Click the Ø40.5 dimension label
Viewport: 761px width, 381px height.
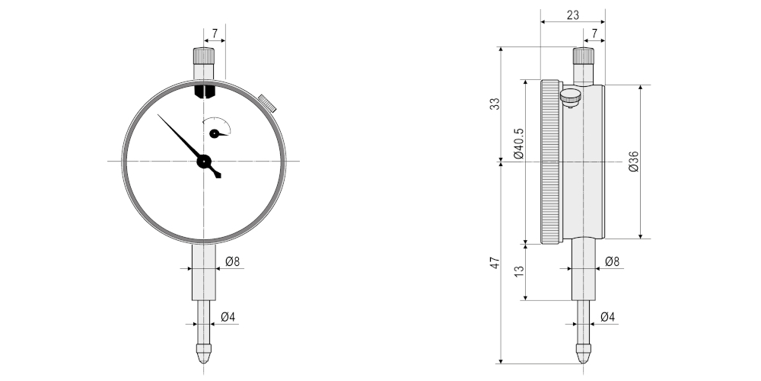point(518,143)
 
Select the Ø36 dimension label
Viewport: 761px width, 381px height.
point(633,161)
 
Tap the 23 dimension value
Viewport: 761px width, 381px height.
point(573,14)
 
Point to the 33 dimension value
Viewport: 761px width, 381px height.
point(494,104)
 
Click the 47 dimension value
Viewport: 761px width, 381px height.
point(494,263)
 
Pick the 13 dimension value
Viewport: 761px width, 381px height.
point(518,272)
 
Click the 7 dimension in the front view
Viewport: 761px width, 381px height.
point(215,34)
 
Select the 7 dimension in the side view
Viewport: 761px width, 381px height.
point(594,34)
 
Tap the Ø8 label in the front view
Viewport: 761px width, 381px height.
point(233,261)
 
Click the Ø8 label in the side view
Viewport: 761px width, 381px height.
point(612,261)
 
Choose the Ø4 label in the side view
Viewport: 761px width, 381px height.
point(607,316)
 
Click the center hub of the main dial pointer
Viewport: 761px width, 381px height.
point(203,161)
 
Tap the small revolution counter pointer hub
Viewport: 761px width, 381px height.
point(215,133)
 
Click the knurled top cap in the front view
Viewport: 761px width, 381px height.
point(203,56)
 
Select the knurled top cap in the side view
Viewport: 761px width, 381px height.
point(583,56)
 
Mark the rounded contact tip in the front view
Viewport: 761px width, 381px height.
point(203,354)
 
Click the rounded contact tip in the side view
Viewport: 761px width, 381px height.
point(583,354)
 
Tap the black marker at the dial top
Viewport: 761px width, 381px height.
point(204,92)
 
